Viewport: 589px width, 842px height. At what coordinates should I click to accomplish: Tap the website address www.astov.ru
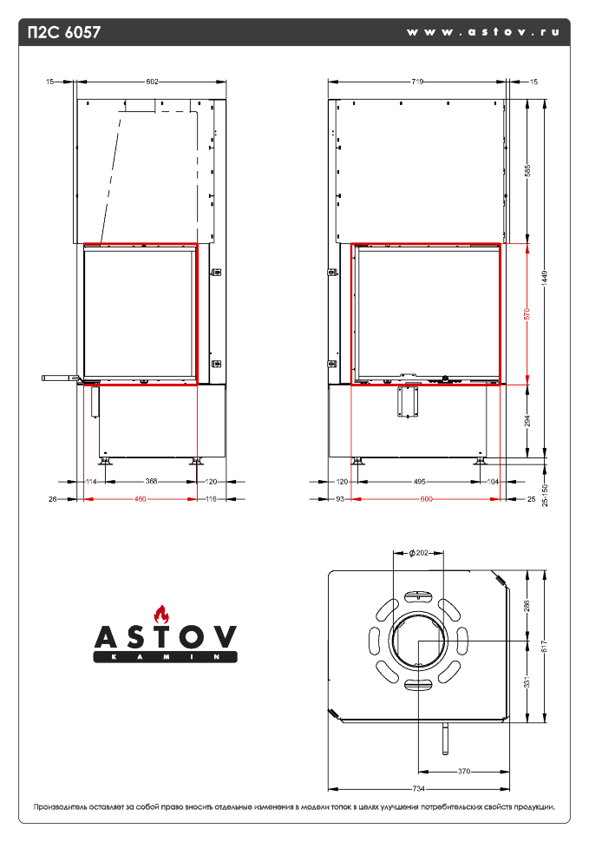click(482, 31)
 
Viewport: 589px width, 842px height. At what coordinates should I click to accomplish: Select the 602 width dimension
click(152, 82)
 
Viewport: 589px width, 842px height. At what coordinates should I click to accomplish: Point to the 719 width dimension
click(416, 82)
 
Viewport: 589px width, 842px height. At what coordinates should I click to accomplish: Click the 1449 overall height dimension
click(545, 276)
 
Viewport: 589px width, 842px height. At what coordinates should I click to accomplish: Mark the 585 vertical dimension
click(527, 170)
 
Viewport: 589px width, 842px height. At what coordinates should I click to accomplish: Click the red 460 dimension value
click(141, 499)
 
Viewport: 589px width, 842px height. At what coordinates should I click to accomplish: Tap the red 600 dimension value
click(426, 499)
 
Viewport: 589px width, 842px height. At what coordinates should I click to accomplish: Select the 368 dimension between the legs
click(151, 481)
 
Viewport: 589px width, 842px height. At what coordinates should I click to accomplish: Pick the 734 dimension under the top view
click(418, 788)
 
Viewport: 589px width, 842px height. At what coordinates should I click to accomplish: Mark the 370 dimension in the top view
click(463, 771)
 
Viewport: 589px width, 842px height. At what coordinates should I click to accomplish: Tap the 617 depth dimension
click(545, 646)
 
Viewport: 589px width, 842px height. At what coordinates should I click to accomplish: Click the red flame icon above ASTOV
click(159, 611)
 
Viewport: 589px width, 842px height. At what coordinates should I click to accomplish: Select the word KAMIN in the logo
click(164, 658)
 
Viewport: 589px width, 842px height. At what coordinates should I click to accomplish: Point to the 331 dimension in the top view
click(527, 683)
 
